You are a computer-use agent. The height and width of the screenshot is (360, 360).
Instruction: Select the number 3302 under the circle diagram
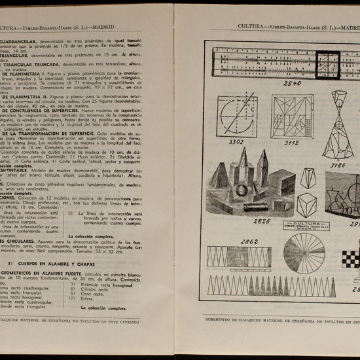236,141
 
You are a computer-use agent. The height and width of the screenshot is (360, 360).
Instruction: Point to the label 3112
291,141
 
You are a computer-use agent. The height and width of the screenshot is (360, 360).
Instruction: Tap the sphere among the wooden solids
242,190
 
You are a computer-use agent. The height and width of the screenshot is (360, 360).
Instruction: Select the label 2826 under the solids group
261,221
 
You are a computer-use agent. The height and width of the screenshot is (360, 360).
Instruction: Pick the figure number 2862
249,242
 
